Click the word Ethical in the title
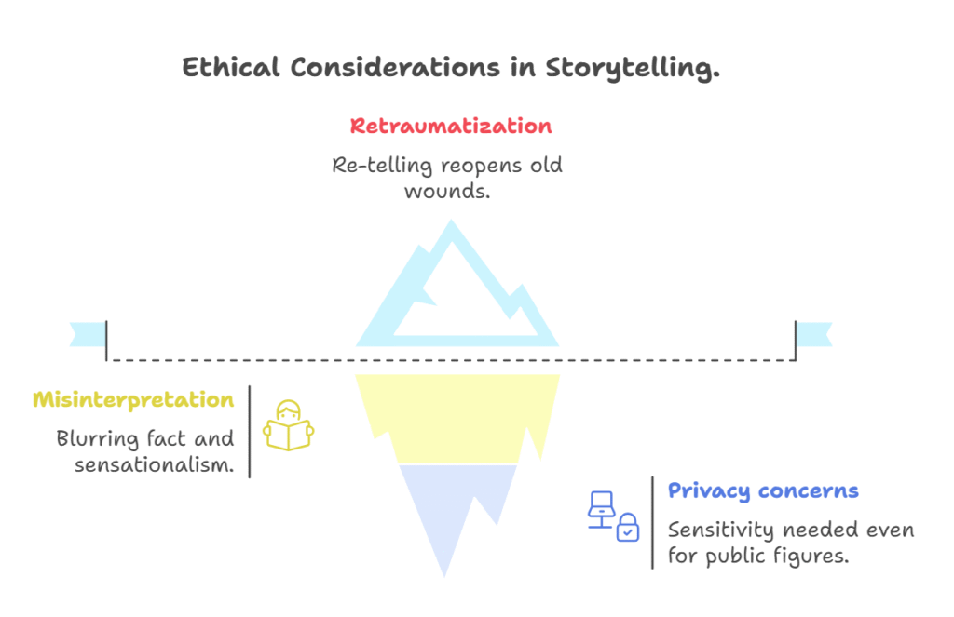coord(231,67)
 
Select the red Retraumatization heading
coord(451,126)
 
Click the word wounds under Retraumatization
coord(446,192)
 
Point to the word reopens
coord(482,166)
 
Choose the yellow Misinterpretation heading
coord(133,400)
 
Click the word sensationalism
coord(154,465)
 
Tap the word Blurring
coord(97,438)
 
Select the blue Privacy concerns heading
coord(763,490)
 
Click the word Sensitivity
coord(720,530)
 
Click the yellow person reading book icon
coord(289,425)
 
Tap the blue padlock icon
coord(627,527)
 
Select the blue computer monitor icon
coord(601,509)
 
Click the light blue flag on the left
coord(89,334)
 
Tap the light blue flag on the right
coord(814,334)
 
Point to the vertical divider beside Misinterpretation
coord(250,432)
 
